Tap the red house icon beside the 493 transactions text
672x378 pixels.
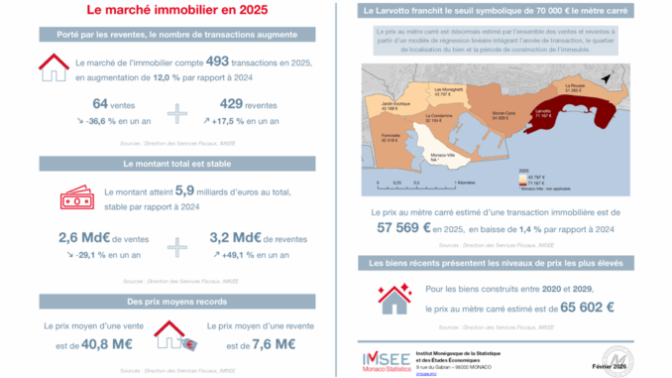(53, 69)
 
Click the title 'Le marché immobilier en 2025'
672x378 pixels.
(176, 12)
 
